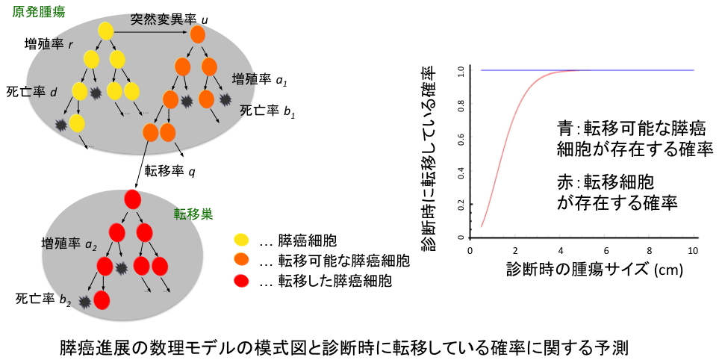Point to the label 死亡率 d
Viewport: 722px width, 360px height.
[32, 92]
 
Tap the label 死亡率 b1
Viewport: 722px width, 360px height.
[267, 111]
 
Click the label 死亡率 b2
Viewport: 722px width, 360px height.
[43, 298]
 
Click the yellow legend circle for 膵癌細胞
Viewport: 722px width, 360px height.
[241, 240]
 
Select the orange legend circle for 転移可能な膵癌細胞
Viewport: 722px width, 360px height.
[241, 261]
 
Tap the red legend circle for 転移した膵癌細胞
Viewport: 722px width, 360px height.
[241, 281]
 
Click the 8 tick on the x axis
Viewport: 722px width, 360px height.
[649, 251]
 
